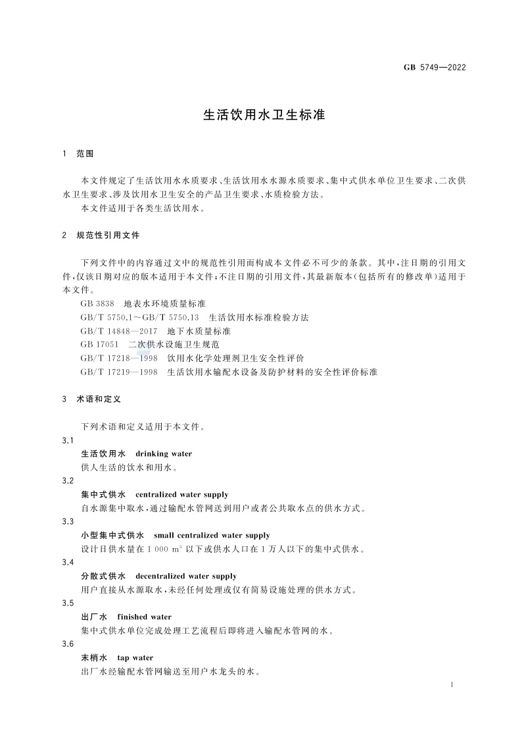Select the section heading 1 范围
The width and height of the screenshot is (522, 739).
(78, 153)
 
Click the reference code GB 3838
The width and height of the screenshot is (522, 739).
(98, 303)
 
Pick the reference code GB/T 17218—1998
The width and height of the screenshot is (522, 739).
(119, 358)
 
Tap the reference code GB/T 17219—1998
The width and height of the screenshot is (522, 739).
(119, 372)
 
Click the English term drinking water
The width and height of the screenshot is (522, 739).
(164, 453)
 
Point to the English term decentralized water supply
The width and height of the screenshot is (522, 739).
(186, 576)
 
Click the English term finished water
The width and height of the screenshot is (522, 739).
(144, 617)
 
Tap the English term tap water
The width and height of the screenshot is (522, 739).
(135, 657)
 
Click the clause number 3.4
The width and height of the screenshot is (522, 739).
(67, 563)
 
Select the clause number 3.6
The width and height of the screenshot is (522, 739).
(67, 644)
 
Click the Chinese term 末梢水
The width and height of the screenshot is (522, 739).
(93, 657)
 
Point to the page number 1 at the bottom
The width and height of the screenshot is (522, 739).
(452, 685)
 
